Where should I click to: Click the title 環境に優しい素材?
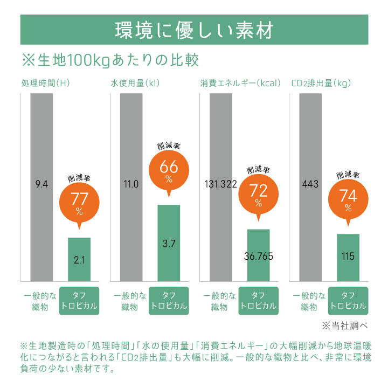[194, 29]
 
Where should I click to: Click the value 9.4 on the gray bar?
[41, 184]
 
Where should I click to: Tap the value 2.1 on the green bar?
[79, 260]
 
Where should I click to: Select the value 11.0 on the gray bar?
[131, 184]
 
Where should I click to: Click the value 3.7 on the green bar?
[169, 244]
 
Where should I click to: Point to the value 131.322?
[221, 184]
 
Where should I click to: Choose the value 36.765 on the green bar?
[259, 257]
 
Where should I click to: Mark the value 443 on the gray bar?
[311, 184]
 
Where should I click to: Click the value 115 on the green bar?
[348, 257]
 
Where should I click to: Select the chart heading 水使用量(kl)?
[135, 84]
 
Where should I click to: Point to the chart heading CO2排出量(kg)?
[321, 84]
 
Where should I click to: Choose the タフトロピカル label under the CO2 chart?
[348, 301]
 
